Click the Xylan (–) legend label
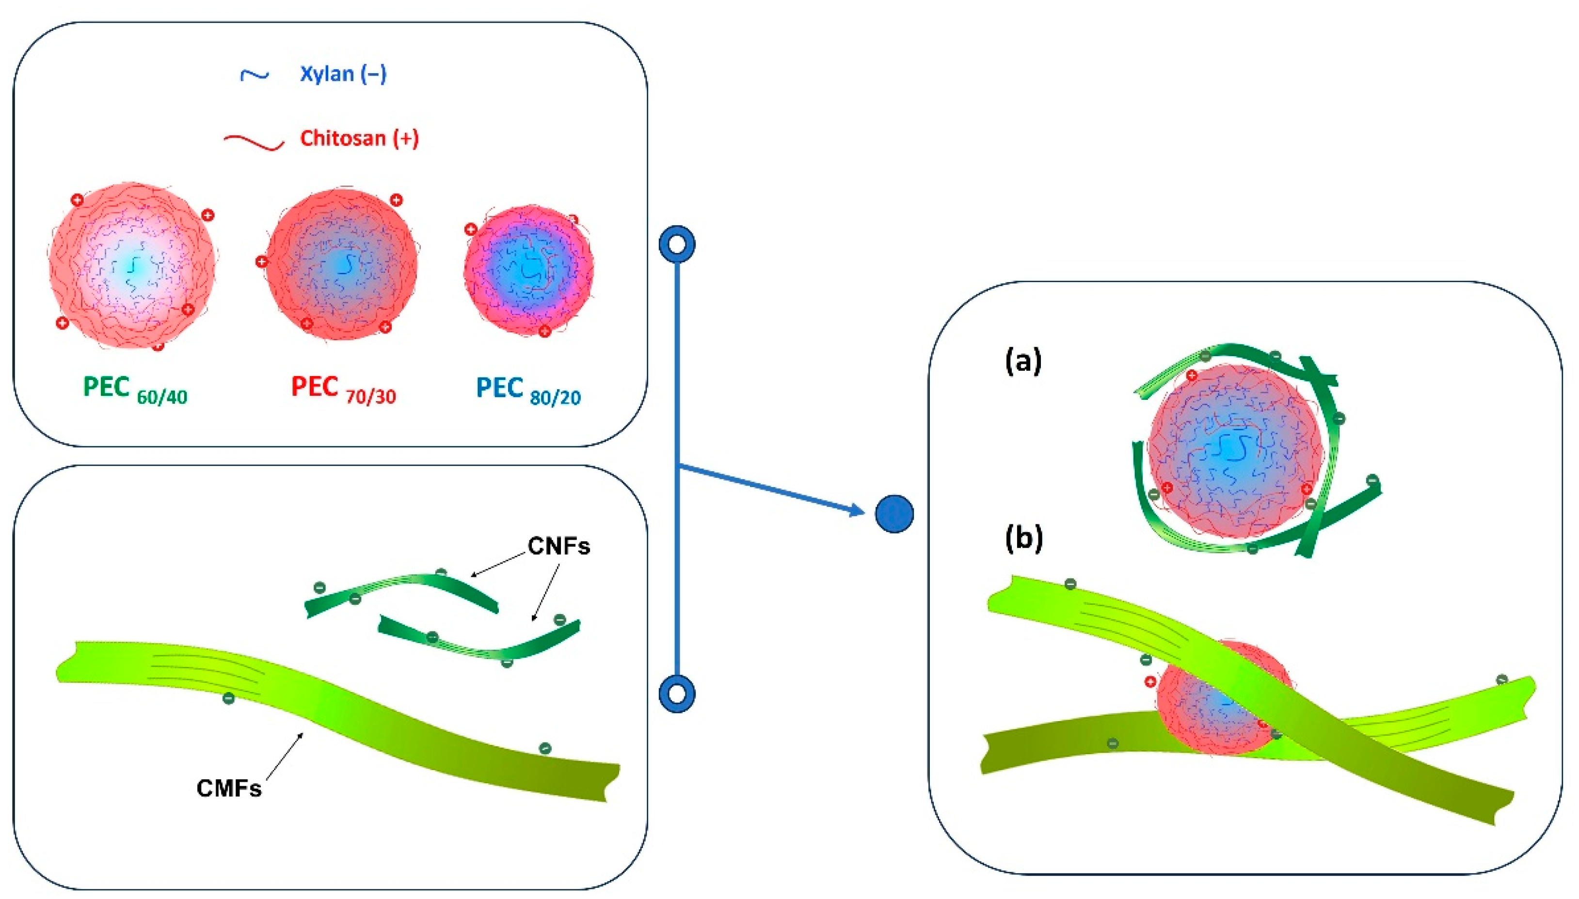tap(343, 74)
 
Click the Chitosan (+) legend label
tap(359, 138)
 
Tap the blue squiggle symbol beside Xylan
tap(255, 75)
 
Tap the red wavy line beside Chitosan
tap(254, 142)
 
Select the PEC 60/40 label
tap(135, 389)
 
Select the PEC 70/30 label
tap(343, 389)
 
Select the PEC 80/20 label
tap(528, 389)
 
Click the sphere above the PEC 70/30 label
tap(341, 264)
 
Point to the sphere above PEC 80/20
tap(528, 270)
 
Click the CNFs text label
tap(558, 546)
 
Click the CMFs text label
tap(228, 789)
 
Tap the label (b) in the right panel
tap(1024, 538)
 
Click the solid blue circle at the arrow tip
tap(893, 514)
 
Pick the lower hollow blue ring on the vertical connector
tap(677, 694)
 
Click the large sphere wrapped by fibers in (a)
tap(1234, 451)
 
